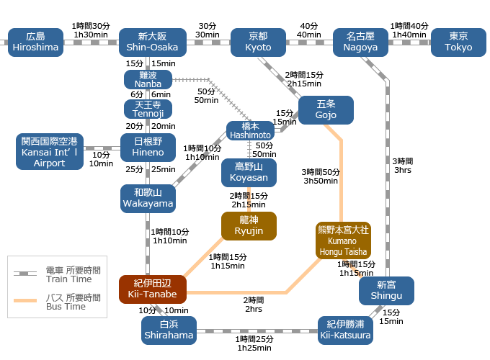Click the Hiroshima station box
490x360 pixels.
(x=35, y=42)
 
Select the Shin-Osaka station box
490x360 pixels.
(x=152, y=42)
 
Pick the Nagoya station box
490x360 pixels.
(x=362, y=42)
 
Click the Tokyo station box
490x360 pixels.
(x=458, y=42)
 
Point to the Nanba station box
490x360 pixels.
(x=148, y=79)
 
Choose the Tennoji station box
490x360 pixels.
(x=148, y=109)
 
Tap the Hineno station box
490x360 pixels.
(x=148, y=147)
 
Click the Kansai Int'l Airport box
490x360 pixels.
(x=50, y=151)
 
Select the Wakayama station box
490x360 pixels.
(x=148, y=198)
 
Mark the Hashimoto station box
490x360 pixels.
(x=250, y=130)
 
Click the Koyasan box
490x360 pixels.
(x=250, y=172)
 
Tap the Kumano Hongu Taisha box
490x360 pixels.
(x=343, y=240)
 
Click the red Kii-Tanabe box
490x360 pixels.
(x=153, y=289)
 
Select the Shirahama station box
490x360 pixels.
(x=169, y=330)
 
